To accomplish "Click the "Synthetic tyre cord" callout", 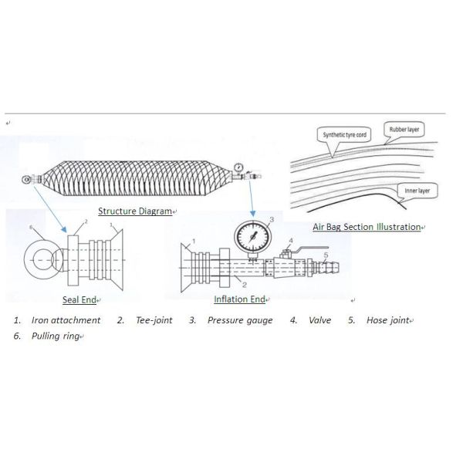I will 344,134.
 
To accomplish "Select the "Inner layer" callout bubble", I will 417,189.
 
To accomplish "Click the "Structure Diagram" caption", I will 135,211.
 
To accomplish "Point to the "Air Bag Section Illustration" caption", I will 367,227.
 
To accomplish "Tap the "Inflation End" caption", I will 240,299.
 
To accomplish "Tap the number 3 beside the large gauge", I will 270,221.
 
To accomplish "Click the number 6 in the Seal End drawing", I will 31,228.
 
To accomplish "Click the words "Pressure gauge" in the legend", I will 239,320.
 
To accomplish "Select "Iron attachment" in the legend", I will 66,320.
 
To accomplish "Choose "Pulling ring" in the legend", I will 55,336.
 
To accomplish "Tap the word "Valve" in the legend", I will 320,320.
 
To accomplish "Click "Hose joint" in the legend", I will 387,320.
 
